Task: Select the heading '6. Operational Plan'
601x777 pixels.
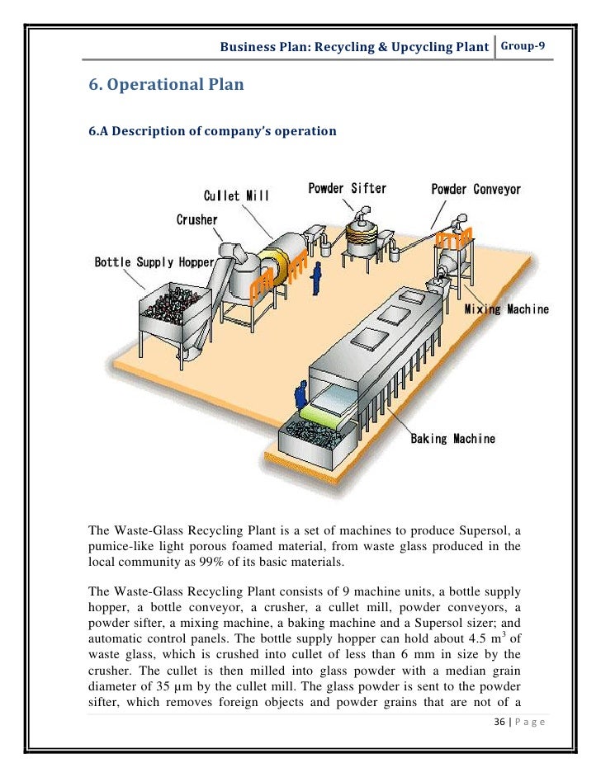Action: [166, 84]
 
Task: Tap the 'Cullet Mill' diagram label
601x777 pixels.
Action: [236, 196]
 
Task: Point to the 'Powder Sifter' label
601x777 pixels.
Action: [347, 188]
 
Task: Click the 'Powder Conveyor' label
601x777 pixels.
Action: [476, 190]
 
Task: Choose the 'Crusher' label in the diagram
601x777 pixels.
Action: [196, 219]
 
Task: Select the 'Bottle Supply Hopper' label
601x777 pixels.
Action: [145, 262]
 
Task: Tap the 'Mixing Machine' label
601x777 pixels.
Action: [505, 309]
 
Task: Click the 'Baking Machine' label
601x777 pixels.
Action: [453, 438]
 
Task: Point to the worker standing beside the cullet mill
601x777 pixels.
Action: [315, 280]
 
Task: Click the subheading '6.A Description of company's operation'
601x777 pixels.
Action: [212, 131]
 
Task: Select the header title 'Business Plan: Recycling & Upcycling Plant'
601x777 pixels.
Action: [354, 47]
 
